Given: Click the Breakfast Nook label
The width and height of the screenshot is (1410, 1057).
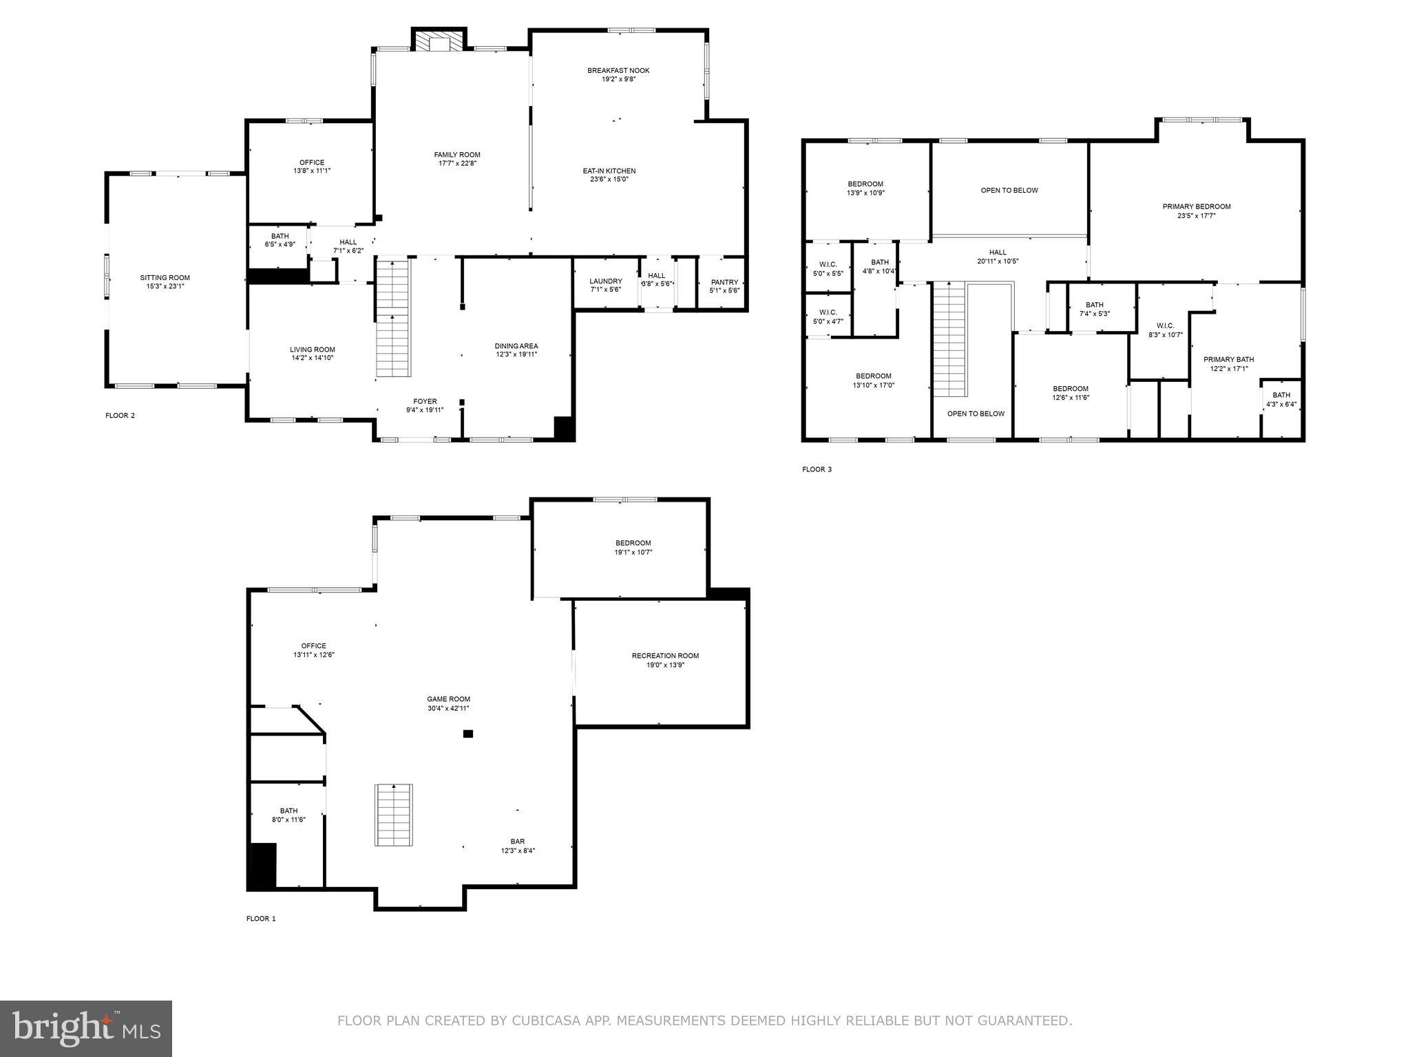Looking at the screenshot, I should [618, 71].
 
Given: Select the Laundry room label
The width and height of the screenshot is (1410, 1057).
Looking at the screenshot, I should [605, 281].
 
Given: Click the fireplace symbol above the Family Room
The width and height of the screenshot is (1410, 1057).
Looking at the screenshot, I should [439, 41].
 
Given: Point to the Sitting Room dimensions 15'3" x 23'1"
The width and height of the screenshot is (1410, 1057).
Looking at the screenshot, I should [165, 286].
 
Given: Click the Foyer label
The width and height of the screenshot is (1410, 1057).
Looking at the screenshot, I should [425, 402].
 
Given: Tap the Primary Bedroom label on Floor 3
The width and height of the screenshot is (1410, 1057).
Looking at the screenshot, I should [1196, 206].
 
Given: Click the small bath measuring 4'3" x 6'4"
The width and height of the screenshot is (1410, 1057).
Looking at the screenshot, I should [1281, 400].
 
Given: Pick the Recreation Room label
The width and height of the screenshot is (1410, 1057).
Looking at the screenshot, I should [664, 656].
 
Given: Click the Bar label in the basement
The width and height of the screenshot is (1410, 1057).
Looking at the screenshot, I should [517, 842].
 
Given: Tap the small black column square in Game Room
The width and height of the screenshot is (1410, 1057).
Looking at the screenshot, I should [468, 734].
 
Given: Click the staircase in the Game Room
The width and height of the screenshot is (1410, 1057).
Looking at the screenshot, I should [394, 815].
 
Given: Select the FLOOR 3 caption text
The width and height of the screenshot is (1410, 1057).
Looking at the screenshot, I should [817, 469].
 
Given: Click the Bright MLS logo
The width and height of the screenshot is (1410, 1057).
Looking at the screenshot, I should [85, 1027].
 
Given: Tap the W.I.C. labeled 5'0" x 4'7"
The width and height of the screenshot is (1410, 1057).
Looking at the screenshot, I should [828, 317].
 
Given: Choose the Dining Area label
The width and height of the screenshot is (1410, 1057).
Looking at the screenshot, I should [516, 346].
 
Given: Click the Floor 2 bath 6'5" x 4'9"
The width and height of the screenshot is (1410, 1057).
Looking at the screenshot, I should [280, 240].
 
